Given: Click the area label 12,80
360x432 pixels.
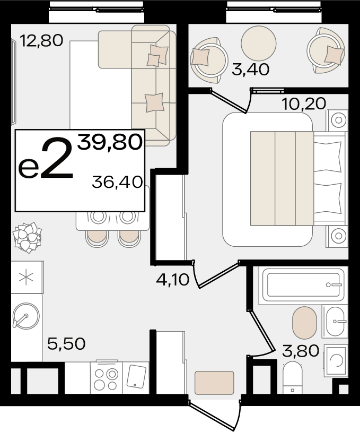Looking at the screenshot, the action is point(41,40).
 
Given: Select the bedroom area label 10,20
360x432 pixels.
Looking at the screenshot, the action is point(304,103).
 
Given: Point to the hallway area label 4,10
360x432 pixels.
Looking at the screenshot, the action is point(172,280).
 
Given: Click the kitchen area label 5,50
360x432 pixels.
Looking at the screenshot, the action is point(66,343).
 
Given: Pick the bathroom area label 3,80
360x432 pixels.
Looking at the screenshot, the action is point(301,351).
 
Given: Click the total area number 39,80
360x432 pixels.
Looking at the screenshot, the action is point(110,142).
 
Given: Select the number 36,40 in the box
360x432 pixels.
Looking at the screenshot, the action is point(118,182).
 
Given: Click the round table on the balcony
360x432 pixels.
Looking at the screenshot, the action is point(258,44).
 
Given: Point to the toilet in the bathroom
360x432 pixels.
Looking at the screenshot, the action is point(293,377).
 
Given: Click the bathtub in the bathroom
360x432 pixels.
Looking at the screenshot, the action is point(303,285).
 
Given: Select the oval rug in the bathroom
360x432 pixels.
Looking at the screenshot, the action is point(304,323).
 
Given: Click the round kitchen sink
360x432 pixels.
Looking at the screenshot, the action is point(26,316).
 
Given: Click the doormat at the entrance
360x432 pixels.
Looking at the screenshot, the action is point(214,383).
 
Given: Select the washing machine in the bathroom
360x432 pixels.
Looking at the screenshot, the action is point(336,360).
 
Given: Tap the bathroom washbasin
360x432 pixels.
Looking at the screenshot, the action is point(335,321).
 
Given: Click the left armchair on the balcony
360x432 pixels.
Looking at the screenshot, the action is point(208,60).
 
